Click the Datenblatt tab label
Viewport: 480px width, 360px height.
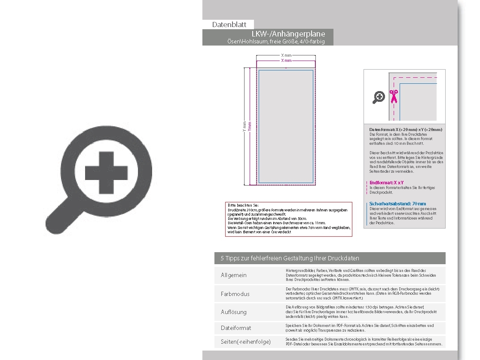coord(229,25)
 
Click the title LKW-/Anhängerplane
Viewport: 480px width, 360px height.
coord(288,34)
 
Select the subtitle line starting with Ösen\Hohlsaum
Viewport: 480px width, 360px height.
coord(276,41)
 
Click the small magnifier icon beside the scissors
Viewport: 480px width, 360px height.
coord(379,98)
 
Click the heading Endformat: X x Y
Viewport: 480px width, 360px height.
coord(387,183)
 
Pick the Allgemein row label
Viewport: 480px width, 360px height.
coord(234,275)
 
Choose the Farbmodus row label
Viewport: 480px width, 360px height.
coord(235,294)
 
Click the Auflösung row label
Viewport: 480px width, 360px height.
coord(234,312)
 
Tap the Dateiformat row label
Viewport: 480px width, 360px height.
coord(236,328)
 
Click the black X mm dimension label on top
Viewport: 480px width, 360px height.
coord(286,55)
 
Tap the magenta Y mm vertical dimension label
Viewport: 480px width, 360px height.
coord(250,126)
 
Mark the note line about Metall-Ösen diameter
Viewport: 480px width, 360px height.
coord(277,223)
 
